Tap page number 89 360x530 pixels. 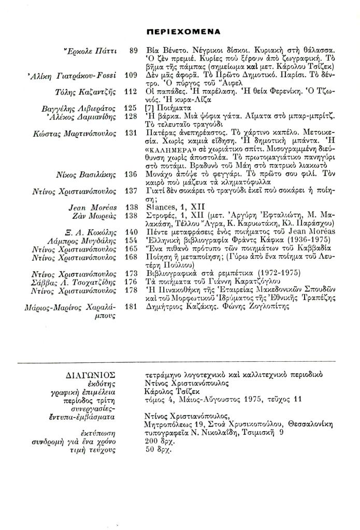point(133,51)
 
